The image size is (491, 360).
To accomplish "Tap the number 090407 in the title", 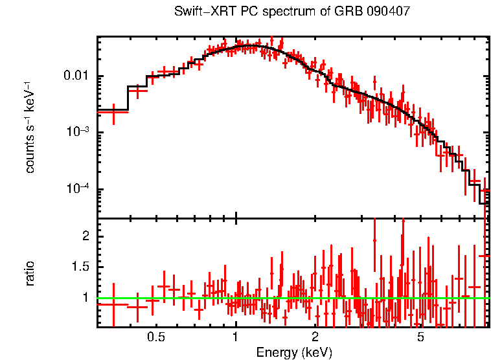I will pos(388,12).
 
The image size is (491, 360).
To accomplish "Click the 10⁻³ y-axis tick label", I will pos(80,132).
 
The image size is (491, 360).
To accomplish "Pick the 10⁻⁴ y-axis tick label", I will pos(80,189).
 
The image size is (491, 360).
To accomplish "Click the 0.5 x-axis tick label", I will pos(155,337).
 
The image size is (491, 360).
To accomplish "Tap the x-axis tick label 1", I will pos(235,337).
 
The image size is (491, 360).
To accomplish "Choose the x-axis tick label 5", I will pos(420,337).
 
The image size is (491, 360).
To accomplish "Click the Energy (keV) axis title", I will pos(294,352).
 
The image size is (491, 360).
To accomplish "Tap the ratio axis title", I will pos(30,273).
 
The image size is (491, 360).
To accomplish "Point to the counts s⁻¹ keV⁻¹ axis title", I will pos(30,127).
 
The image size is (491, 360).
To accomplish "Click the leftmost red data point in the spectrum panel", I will pos(113,112).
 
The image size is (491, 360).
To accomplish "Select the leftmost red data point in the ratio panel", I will pos(113,304).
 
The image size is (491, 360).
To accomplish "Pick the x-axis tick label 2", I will pos(315,337).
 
